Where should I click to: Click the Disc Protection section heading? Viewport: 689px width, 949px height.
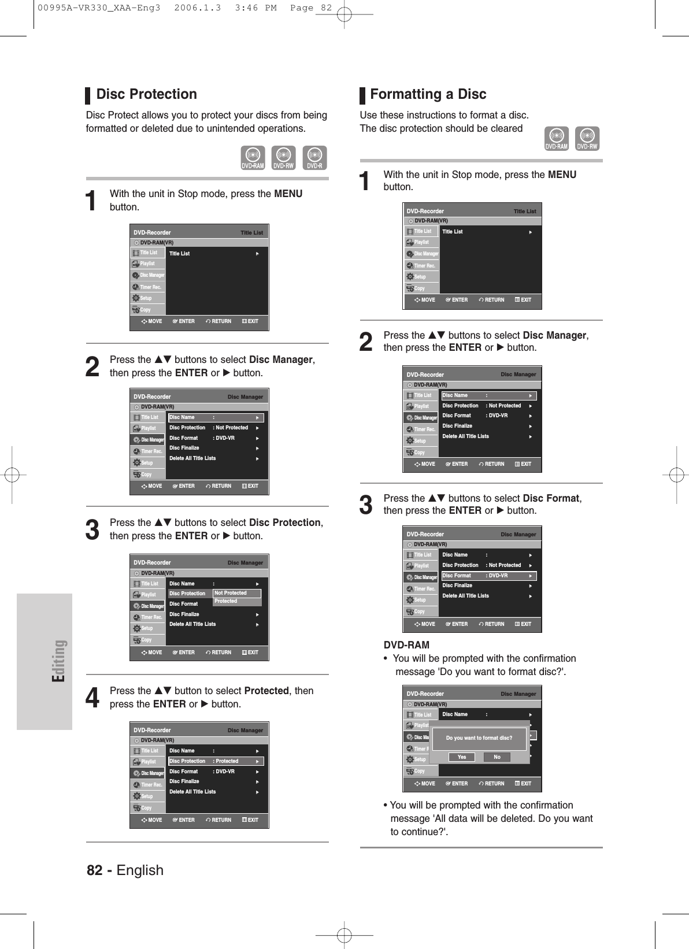click(x=146, y=94)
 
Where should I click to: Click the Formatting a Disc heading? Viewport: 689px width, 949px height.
click(x=428, y=94)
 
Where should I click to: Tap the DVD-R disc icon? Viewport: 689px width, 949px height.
click(x=314, y=158)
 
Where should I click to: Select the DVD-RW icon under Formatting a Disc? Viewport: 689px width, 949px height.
click(x=587, y=139)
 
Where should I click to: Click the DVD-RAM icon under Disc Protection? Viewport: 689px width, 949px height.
click(x=253, y=158)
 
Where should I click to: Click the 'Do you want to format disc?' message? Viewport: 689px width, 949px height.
click(x=479, y=738)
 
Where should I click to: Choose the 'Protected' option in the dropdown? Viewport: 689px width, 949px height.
click(x=237, y=602)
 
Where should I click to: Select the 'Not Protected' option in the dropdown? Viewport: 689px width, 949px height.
click(x=237, y=593)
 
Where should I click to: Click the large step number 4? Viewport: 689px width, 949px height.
click(x=92, y=698)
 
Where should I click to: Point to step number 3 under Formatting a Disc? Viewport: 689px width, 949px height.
click(x=366, y=505)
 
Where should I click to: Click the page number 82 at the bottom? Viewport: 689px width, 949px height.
click(x=95, y=870)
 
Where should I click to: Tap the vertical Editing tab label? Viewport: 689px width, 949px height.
click(x=59, y=661)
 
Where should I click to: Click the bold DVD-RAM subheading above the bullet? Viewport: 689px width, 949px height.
click(x=406, y=645)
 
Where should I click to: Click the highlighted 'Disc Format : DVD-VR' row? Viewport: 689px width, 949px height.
click(x=489, y=576)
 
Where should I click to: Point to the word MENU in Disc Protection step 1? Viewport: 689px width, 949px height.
click(x=288, y=194)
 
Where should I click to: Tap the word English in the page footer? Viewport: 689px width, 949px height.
click(x=140, y=870)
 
